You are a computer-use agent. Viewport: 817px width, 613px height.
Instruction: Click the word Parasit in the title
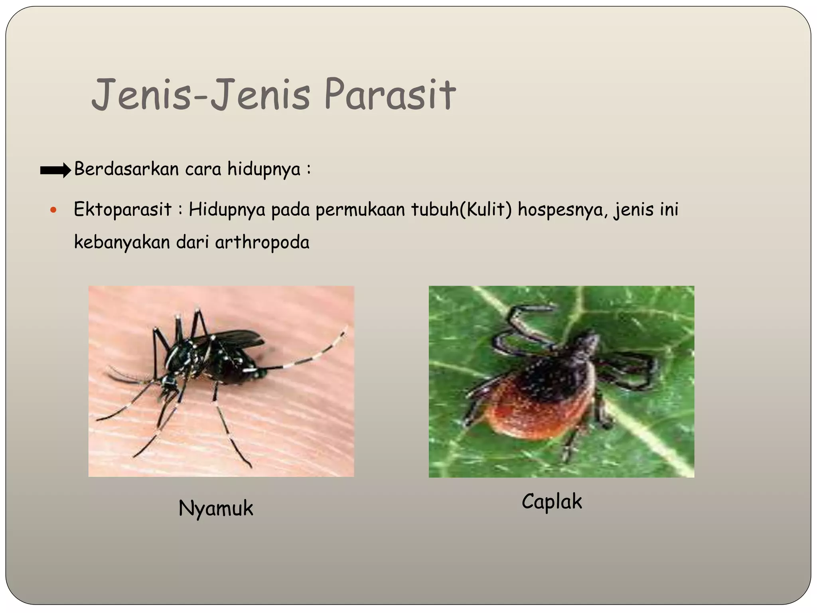(x=390, y=95)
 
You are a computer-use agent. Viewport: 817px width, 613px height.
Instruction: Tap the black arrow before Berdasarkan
(x=55, y=170)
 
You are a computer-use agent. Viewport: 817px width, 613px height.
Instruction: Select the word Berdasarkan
(x=126, y=169)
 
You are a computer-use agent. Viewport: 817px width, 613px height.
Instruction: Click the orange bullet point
(x=54, y=210)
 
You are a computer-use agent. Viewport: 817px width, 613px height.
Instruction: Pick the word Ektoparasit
(x=122, y=210)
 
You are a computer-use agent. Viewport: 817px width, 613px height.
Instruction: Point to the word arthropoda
(x=262, y=242)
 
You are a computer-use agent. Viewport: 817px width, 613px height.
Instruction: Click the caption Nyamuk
(x=216, y=508)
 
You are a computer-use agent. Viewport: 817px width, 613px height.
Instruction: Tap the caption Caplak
(x=552, y=502)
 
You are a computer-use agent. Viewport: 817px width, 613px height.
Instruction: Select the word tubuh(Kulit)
(x=461, y=210)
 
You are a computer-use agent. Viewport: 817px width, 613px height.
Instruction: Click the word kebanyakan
(x=122, y=242)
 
